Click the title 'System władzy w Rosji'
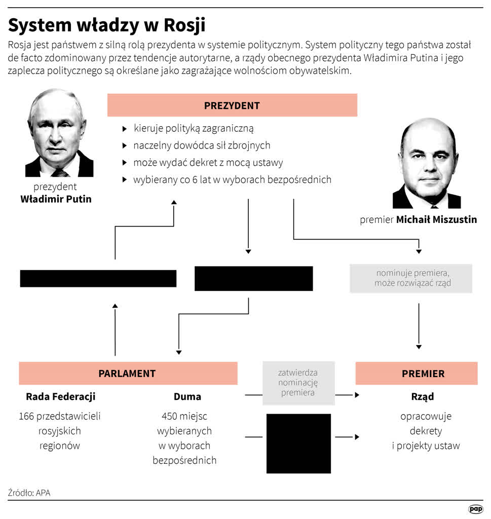[107, 25]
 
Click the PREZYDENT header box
[232, 105]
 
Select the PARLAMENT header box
[128, 374]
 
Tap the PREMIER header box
[416, 374]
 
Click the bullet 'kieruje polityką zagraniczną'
[193, 129]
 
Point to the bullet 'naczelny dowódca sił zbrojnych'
[202, 145]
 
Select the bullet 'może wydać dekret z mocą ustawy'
[208, 163]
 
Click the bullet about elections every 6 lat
[232, 179]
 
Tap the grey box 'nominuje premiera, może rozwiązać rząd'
[411, 278]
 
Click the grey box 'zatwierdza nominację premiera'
[298, 383]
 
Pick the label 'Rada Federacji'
[60, 396]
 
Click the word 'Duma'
[187, 396]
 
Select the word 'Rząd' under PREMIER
[422, 396]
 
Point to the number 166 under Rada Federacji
[26, 417]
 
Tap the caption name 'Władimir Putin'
[56, 199]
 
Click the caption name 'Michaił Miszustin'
[436, 220]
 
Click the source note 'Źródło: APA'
[29, 492]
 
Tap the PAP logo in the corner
[475, 509]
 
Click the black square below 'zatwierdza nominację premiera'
[298, 443]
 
